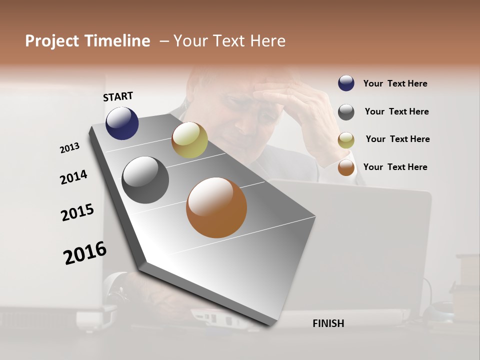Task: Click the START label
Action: [118, 96]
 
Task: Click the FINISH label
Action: [328, 323]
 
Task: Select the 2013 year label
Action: [69, 148]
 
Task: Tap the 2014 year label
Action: [73, 177]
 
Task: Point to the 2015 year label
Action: [77, 212]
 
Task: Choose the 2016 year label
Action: [85, 253]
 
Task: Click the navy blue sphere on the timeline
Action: [122, 123]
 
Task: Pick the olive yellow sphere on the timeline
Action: [189, 139]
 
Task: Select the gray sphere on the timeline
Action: [145, 180]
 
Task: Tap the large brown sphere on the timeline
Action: [216, 207]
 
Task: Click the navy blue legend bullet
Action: [346, 83]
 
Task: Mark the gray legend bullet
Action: [346, 111]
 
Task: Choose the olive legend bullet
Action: [346, 140]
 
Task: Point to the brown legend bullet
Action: [346, 167]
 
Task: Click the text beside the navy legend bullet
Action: [395, 83]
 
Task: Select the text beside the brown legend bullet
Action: [395, 167]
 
